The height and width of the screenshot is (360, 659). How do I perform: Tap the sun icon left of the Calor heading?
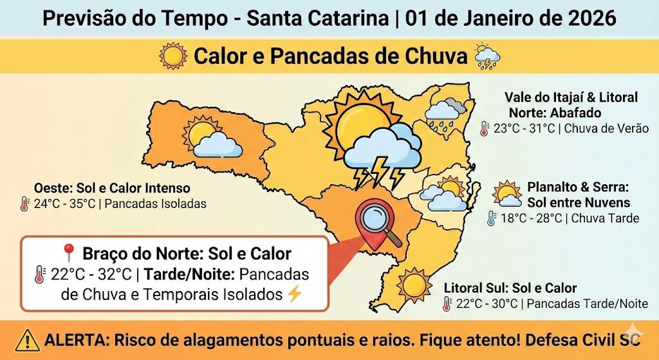(x=173, y=57)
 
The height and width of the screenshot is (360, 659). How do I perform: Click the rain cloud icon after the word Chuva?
(x=487, y=57)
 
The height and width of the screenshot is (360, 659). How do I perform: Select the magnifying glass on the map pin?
(x=378, y=222)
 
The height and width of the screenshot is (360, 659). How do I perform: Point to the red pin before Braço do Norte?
(x=68, y=253)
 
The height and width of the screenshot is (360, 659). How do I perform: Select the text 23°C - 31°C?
(x=524, y=128)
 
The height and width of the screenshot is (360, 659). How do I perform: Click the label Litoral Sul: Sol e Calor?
(x=510, y=288)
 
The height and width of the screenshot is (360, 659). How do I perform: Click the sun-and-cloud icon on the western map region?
(x=211, y=139)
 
